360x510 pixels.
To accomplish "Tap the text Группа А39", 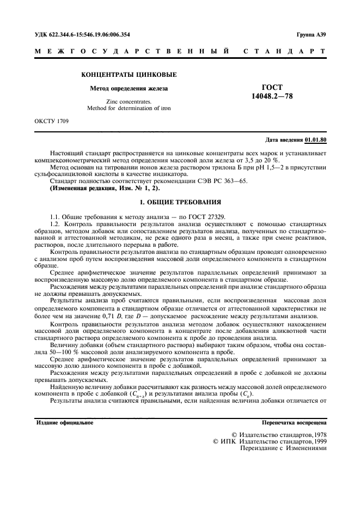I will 312,34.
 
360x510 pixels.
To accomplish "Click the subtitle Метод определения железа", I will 129,88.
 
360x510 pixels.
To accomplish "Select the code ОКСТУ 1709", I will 48,121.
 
